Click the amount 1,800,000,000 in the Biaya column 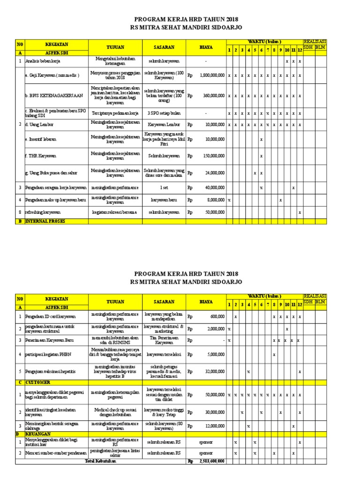212,75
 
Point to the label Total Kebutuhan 100,461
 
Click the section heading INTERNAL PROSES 45,221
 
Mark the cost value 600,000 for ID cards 217,316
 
